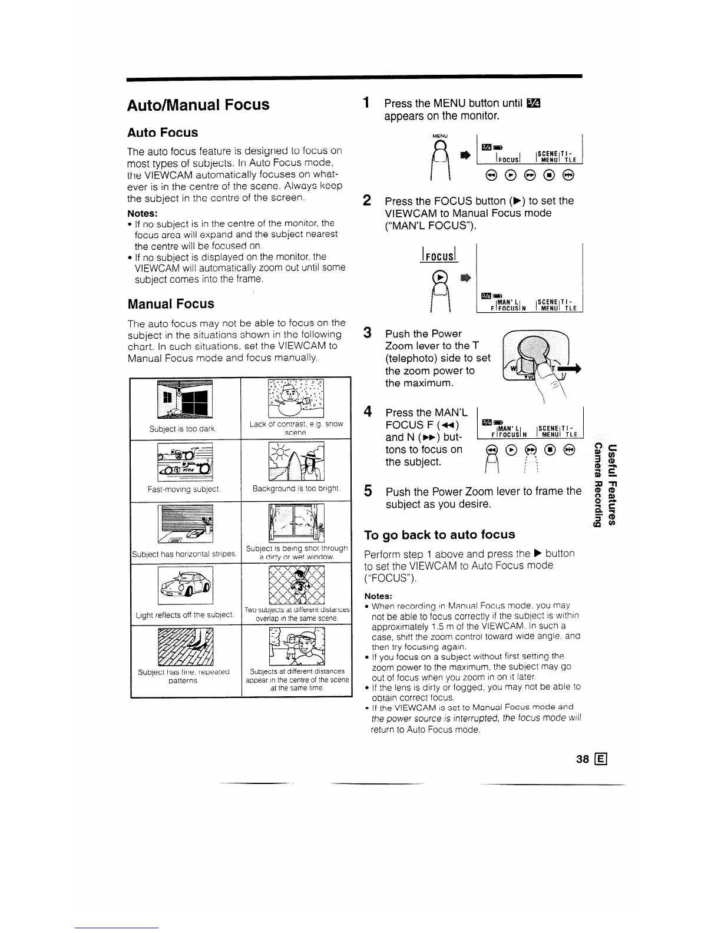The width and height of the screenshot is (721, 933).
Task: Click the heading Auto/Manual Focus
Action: [198, 105]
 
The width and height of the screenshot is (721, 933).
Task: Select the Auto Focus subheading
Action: [163, 133]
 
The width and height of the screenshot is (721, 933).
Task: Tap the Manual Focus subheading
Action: [171, 304]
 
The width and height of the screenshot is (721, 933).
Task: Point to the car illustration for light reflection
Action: [186, 585]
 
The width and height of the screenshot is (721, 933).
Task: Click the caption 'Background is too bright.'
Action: [296, 488]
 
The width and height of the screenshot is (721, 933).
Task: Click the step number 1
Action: [367, 103]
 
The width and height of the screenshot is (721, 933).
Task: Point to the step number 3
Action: [367, 333]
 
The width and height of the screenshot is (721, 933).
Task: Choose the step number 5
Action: [367, 491]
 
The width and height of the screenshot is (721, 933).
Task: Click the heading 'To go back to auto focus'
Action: [439, 535]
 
